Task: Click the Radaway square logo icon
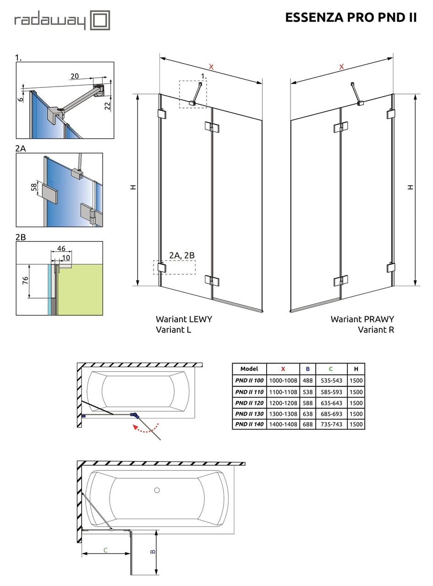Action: (99, 20)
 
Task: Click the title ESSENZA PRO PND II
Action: (351, 17)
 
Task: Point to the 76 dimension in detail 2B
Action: (26, 280)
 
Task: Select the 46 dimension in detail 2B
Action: (61, 249)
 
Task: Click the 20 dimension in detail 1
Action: (75, 76)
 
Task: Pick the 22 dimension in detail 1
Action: (107, 106)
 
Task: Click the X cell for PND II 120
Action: (283, 403)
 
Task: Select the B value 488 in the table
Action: (307, 380)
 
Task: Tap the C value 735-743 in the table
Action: (330, 424)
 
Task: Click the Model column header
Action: (249, 369)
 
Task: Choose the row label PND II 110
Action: (249, 392)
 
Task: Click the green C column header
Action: (330, 369)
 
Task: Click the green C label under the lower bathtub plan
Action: (105, 550)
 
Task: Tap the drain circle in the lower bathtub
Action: (157, 490)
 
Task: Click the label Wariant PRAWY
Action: (362, 319)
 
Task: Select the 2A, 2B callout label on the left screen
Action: (182, 255)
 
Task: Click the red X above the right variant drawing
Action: (341, 67)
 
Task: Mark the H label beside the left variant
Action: (133, 187)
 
